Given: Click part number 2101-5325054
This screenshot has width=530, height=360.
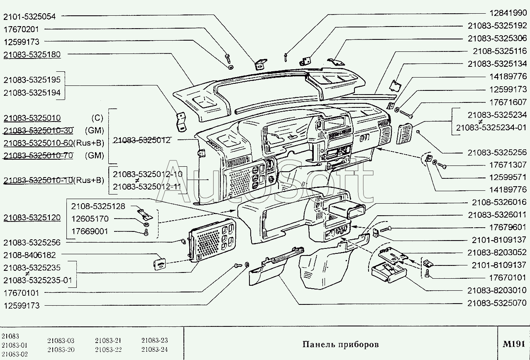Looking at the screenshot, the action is [x=29, y=17].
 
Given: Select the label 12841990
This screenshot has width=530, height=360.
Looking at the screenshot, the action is [x=508, y=13].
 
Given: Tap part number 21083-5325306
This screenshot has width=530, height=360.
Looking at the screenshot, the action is [x=497, y=38].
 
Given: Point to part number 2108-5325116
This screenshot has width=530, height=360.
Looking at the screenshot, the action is [x=500, y=51].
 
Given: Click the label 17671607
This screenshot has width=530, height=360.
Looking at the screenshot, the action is [x=508, y=102].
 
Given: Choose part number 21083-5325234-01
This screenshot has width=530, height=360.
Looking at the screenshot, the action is [x=491, y=128].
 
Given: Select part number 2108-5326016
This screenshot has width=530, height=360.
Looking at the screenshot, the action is [x=499, y=202].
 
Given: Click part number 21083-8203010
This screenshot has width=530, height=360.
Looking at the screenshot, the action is [x=497, y=290].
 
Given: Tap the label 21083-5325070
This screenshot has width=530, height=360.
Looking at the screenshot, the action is [x=497, y=303].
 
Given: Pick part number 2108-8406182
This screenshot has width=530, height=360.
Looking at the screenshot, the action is [x=29, y=255].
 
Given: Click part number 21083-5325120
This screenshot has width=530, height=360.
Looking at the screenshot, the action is [x=32, y=217].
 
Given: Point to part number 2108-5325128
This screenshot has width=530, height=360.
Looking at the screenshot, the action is [x=98, y=207].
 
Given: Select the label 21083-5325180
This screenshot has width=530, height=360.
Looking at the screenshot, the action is [x=32, y=55].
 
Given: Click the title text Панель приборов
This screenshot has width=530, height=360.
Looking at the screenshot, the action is [x=340, y=344].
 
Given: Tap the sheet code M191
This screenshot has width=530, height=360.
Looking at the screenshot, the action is [x=514, y=344].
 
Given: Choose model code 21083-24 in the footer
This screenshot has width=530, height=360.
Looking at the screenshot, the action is [x=154, y=349].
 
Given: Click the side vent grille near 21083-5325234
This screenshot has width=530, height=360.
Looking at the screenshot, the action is [x=404, y=134].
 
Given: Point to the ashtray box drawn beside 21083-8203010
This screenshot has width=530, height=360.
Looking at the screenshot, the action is [x=388, y=273].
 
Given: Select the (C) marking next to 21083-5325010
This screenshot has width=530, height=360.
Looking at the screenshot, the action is [x=97, y=118].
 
